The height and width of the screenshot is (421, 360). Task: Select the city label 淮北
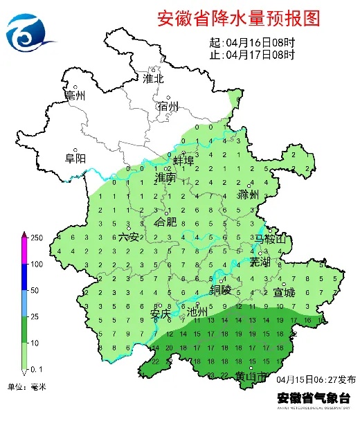(x=153, y=78)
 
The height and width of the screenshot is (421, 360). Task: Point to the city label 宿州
(x=168, y=106)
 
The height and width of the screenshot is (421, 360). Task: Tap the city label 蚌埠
(x=183, y=160)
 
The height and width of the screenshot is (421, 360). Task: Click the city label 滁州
(x=247, y=195)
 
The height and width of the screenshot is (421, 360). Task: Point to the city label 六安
(x=129, y=237)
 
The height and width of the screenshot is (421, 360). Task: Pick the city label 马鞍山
(x=270, y=239)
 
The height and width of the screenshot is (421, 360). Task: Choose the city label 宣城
(x=284, y=292)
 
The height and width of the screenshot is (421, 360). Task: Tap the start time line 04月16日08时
(x=252, y=43)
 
